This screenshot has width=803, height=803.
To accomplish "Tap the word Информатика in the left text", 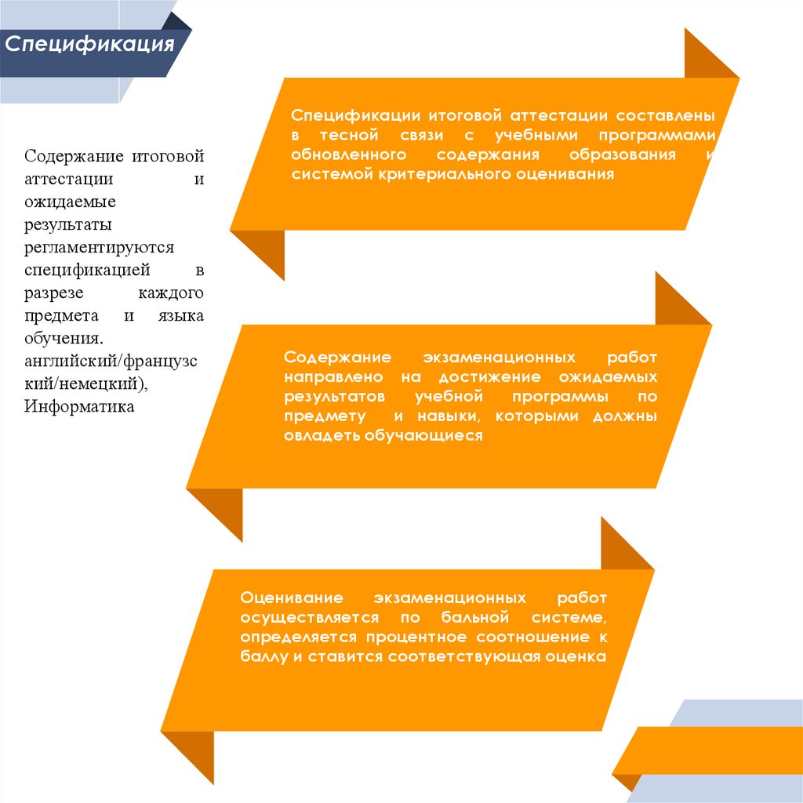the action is pyautogui.click(x=79, y=406).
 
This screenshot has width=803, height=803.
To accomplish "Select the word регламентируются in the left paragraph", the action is pyautogui.click(x=99, y=247).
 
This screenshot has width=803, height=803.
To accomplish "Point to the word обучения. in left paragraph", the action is pyautogui.click(x=63, y=339).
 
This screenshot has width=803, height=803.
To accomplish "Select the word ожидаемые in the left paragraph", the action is pyautogui.click(x=70, y=202).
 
